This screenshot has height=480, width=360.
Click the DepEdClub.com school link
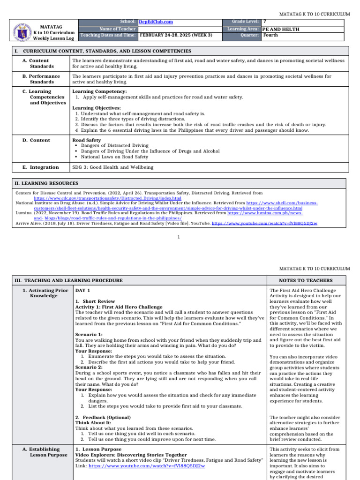pos(156,22)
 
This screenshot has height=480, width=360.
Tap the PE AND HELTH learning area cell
pos(281,29)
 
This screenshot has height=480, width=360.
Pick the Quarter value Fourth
pos(270,35)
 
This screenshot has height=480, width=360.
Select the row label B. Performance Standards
pos(44,79)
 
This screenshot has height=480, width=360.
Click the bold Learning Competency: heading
pos(93,91)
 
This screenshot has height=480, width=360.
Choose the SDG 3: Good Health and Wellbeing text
pos(112,167)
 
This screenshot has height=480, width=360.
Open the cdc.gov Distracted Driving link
pos(107,198)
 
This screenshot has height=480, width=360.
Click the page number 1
pos(179,237)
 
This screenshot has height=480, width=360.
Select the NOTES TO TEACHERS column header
pos(306,281)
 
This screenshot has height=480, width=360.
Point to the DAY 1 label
pos(82,291)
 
